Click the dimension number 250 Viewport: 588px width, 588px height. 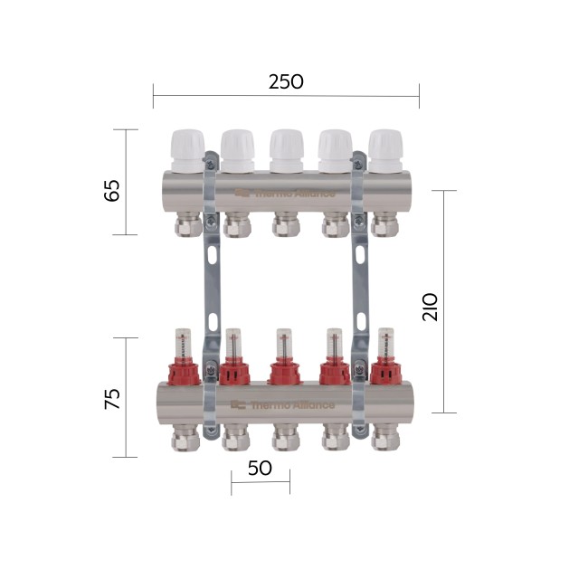[286, 81]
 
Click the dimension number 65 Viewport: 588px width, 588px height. [112, 191]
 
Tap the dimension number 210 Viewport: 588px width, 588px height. [431, 307]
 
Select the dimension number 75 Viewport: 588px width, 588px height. [112, 399]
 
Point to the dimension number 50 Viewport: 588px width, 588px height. [260, 469]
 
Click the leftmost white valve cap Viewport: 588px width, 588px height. [187, 149]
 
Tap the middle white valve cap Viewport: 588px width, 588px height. [286, 149]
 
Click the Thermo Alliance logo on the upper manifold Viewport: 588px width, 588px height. [284, 192]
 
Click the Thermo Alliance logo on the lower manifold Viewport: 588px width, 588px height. [282, 405]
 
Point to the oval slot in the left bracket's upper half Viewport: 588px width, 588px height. [211, 256]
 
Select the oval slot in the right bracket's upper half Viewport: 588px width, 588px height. [360, 256]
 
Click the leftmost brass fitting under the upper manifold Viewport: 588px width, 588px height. [188, 224]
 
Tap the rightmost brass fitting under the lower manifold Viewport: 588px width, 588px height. [385, 438]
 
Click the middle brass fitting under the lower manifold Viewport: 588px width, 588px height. [286, 438]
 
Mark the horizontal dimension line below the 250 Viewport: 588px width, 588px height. [286, 95]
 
